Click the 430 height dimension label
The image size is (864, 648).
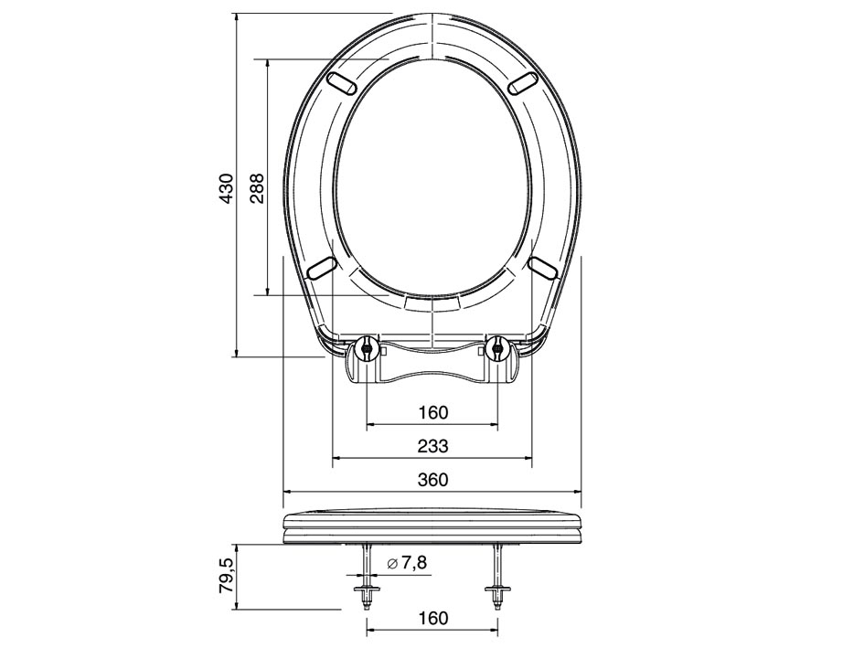point(227,189)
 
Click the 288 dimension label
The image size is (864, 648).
point(257,189)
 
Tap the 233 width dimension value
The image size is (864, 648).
point(432,446)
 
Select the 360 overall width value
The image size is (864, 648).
point(432,480)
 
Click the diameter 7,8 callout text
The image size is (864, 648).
point(407,563)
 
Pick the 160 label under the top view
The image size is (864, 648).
point(432,412)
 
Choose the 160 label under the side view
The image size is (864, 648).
point(432,618)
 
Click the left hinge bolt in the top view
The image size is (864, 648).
point(367,347)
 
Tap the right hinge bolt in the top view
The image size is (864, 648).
point(497,347)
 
